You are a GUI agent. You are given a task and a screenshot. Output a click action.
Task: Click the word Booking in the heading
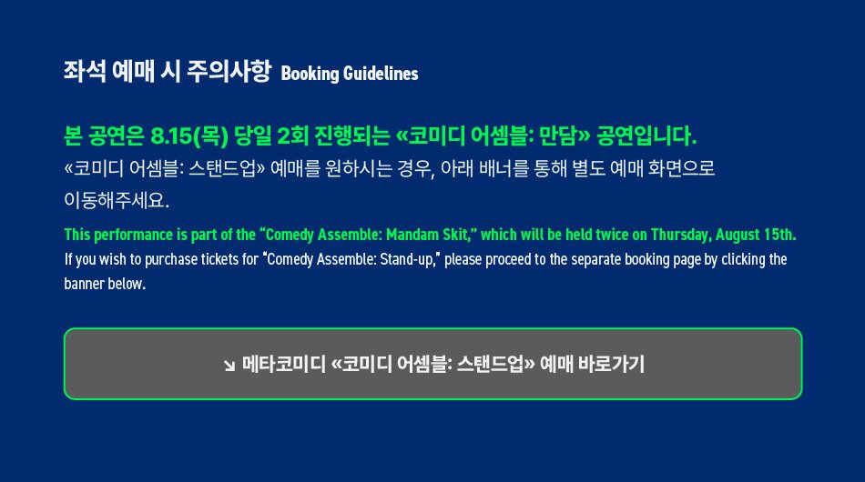coord(310,74)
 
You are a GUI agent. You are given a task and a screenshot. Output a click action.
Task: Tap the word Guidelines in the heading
coord(381,74)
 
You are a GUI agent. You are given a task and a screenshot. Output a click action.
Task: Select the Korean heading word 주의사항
coord(229,72)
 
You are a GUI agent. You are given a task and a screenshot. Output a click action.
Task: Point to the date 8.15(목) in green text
coord(189,136)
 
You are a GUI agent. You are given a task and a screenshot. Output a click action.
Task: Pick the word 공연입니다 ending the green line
coord(646,136)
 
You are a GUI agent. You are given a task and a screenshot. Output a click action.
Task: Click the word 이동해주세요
coord(117,200)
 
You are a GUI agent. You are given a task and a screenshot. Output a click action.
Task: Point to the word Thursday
coord(681,235)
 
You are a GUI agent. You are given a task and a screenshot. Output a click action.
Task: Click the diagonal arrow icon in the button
coord(229,366)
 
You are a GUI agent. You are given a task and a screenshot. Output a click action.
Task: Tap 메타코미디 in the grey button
coord(284,364)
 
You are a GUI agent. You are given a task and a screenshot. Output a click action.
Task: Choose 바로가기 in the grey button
coord(611,364)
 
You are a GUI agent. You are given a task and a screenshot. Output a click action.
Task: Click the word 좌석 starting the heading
coord(85,72)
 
